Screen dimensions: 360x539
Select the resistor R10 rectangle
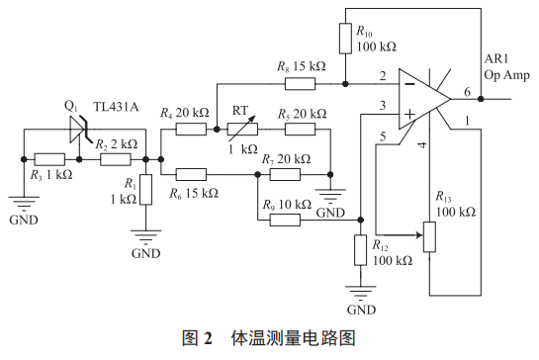coord(346,39)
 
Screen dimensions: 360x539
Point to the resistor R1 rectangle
coord(145,189)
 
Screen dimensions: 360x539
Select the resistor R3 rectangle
coord(48,158)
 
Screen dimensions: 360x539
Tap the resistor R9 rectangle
coord(283,219)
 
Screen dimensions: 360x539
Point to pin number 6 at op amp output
coord(467,91)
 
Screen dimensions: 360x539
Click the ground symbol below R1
coord(145,237)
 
